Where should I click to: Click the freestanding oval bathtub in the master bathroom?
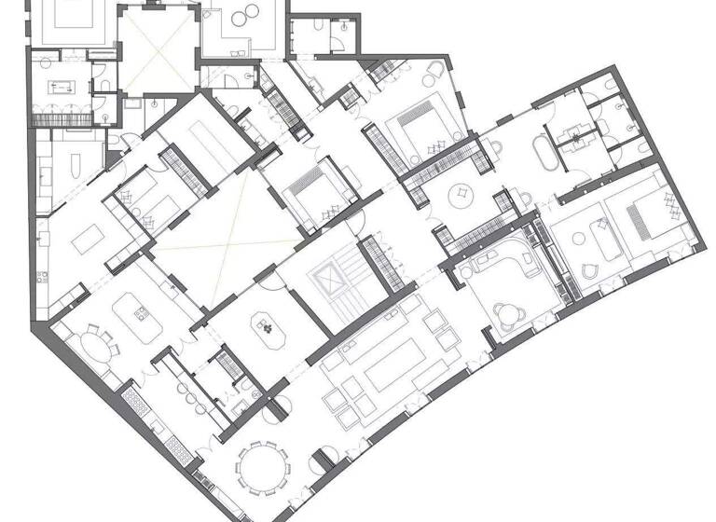click(543, 155)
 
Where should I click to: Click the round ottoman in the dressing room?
click(461, 195)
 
